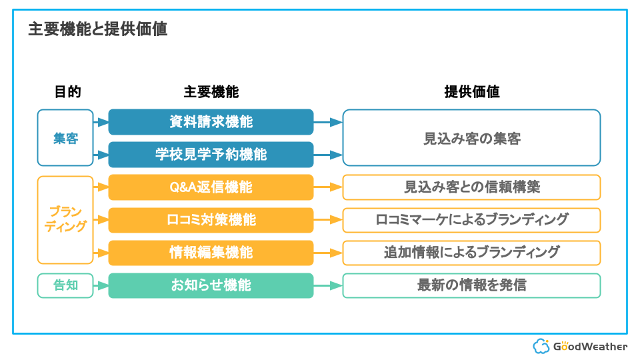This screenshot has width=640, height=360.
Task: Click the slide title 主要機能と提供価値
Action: (x=98, y=29)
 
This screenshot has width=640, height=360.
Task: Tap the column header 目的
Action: (x=68, y=92)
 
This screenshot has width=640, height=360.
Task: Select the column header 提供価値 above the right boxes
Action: (x=472, y=92)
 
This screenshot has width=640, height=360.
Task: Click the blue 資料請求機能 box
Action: (x=211, y=121)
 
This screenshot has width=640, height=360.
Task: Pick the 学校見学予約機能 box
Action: (x=211, y=154)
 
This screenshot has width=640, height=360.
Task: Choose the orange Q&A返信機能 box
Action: (x=211, y=187)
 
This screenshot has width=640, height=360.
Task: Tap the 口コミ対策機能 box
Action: (x=211, y=220)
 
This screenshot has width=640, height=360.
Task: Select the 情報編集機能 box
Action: (x=211, y=253)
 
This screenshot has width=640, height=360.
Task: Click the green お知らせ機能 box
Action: (x=211, y=285)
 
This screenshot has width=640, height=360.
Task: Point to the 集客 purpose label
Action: (x=66, y=139)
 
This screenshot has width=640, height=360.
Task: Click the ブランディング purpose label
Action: (x=66, y=219)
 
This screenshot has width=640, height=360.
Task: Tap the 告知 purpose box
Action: (x=65, y=285)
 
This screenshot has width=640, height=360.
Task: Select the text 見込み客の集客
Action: (x=472, y=139)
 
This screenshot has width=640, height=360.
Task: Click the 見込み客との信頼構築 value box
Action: (x=471, y=187)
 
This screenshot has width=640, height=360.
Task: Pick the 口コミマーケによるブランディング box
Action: (x=471, y=220)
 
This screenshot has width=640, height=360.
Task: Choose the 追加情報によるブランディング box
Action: (x=471, y=253)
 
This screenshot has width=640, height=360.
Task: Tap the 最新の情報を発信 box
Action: (x=471, y=285)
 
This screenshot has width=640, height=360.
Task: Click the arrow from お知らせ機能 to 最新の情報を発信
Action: (x=328, y=285)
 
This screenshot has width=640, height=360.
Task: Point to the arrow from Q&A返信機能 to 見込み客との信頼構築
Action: (x=328, y=187)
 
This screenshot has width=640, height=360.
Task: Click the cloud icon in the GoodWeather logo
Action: (x=541, y=346)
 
